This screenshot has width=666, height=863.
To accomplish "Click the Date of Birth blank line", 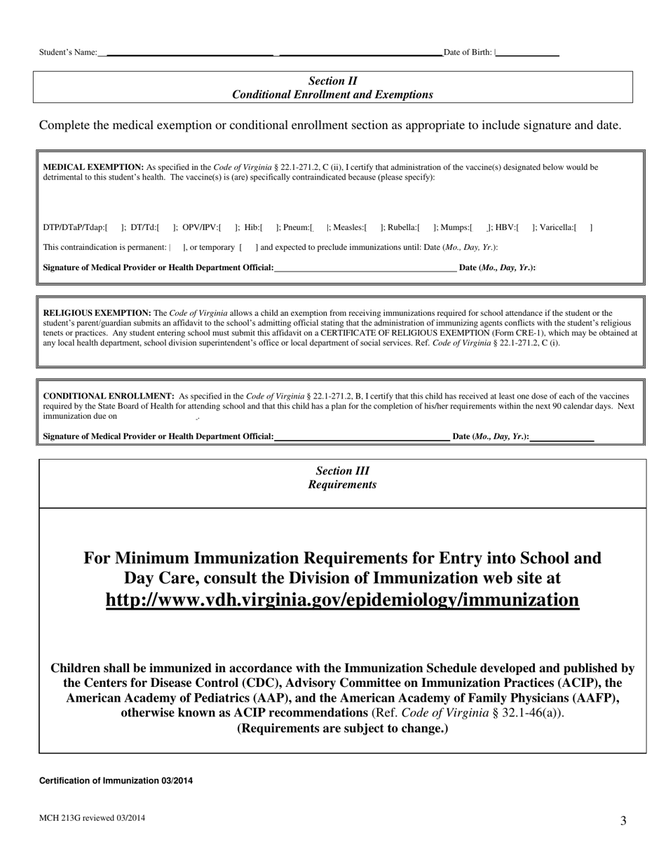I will pyautogui.click(x=527, y=53).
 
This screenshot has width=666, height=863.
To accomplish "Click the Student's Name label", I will pyautogui.click(x=68, y=52).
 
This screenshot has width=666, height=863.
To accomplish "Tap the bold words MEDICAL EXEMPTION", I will pyautogui.click(x=93, y=167).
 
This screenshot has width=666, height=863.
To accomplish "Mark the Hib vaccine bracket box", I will pyautogui.click(x=269, y=227).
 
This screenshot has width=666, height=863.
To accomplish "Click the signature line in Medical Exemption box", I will pyautogui.click(x=365, y=268).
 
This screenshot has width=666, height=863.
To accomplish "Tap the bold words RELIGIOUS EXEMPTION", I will pyautogui.click(x=97, y=313).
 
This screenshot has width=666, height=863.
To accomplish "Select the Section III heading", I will pyautogui.click(x=342, y=471).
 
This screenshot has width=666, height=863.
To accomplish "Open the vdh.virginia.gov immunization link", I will pyautogui.click(x=342, y=600).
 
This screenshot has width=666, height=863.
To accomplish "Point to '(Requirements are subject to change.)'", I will pyautogui.click(x=342, y=728).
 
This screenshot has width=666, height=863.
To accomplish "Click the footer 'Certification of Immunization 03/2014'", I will pyautogui.click(x=116, y=780).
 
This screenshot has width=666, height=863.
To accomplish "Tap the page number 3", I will pyautogui.click(x=623, y=821).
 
